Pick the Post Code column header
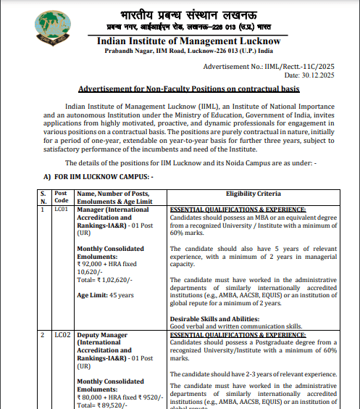click(62, 197)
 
